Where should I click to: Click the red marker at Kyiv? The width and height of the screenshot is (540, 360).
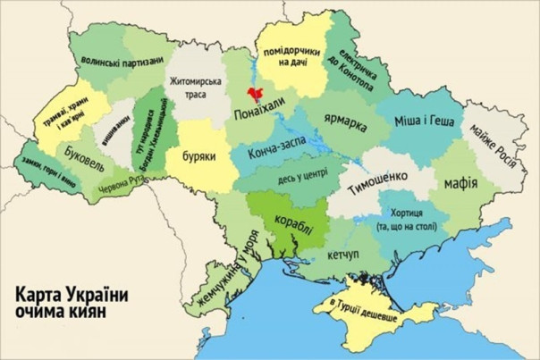[x=256, y=93]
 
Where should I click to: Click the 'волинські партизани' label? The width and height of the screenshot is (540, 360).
[x=122, y=61]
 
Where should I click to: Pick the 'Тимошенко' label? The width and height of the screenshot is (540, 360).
[x=378, y=177]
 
